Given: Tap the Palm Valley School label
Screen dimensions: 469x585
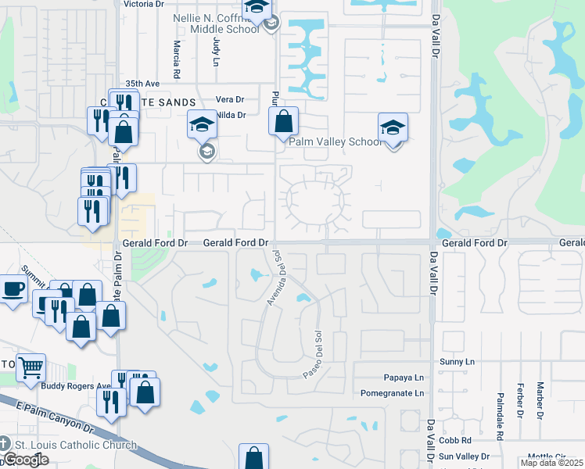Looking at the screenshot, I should point(336,141).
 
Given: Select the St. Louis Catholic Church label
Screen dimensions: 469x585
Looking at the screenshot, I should point(75,446).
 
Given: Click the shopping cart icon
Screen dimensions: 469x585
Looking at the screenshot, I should point(31,367).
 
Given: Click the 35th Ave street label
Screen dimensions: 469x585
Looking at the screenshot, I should point(142,83).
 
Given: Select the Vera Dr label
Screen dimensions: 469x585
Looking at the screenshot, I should point(230,99).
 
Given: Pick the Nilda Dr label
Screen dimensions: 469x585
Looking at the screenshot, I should point(231,115).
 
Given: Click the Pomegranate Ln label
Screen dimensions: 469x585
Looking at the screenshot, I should point(393,392).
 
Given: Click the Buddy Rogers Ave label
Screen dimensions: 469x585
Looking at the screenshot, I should point(74,386).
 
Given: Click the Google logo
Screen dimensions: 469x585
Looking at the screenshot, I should point(26,460).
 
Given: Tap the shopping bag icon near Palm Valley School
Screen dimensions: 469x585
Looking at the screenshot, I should point(283,122).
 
